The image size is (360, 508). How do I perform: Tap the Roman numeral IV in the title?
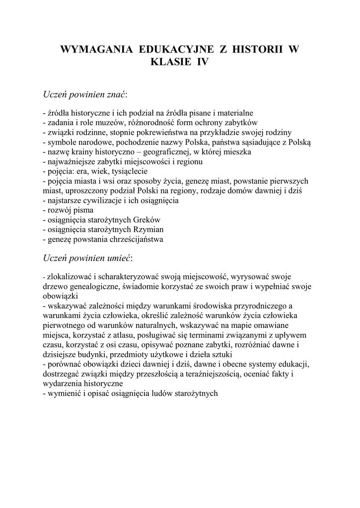tap(203, 63)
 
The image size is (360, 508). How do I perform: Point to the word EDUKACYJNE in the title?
tap(178, 49)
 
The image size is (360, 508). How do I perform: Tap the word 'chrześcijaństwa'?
tap(135, 239)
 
